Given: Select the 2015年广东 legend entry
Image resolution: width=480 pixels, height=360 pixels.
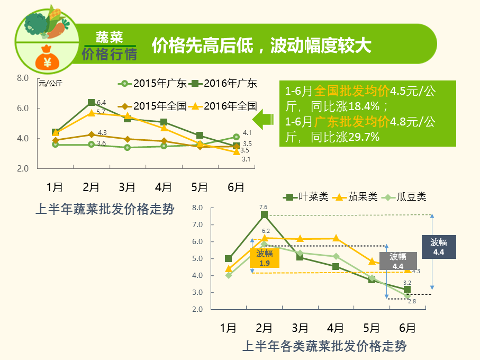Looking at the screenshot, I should coord(152,83).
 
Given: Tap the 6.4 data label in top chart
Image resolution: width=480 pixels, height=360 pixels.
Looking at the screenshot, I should coord(102,102).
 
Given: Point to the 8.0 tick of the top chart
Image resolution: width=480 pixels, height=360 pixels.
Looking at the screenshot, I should coord(23,78).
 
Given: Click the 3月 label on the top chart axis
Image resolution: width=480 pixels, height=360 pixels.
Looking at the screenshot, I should coord(127,187).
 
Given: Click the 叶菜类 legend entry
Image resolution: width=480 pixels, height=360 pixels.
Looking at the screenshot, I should coord(306,197).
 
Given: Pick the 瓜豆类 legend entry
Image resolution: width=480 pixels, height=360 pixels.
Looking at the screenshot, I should coord(407,197).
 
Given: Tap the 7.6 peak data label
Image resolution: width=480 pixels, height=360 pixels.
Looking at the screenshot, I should coord(264,207).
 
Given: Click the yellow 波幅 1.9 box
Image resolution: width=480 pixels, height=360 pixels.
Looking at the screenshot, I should coord(265,258).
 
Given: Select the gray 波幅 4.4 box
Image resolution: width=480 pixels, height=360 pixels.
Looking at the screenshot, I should coord(398,261).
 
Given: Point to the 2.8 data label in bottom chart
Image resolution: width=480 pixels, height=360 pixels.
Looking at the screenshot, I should coord(412,301).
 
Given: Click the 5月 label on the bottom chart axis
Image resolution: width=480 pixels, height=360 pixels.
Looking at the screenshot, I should coord(372,328).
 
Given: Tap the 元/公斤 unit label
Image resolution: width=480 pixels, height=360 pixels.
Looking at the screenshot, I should coord(50,83).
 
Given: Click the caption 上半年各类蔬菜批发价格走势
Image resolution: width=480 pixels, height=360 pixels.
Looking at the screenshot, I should coord(324,347).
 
